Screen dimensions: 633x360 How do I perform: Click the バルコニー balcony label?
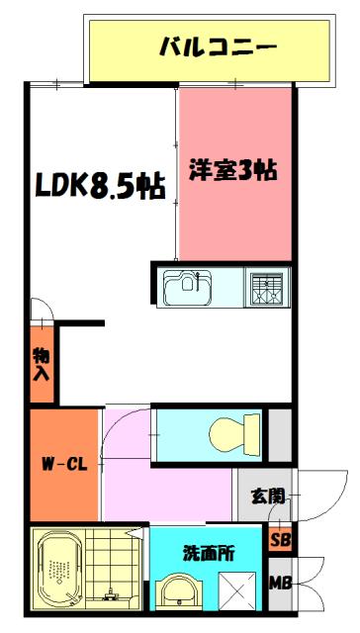click(x=217, y=46)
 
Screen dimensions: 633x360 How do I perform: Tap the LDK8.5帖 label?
click(x=101, y=186)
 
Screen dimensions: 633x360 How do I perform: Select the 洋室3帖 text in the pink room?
click(x=232, y=170)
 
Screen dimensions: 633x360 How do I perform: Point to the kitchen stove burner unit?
click(x=266, y=287)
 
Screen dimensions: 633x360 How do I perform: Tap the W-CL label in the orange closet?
click(x=61, y=462)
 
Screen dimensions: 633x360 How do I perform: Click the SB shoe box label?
click(x=281, y=541)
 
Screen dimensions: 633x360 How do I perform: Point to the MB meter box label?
click(x=281, y=584)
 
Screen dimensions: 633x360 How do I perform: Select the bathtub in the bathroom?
click(x=56, y=575)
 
